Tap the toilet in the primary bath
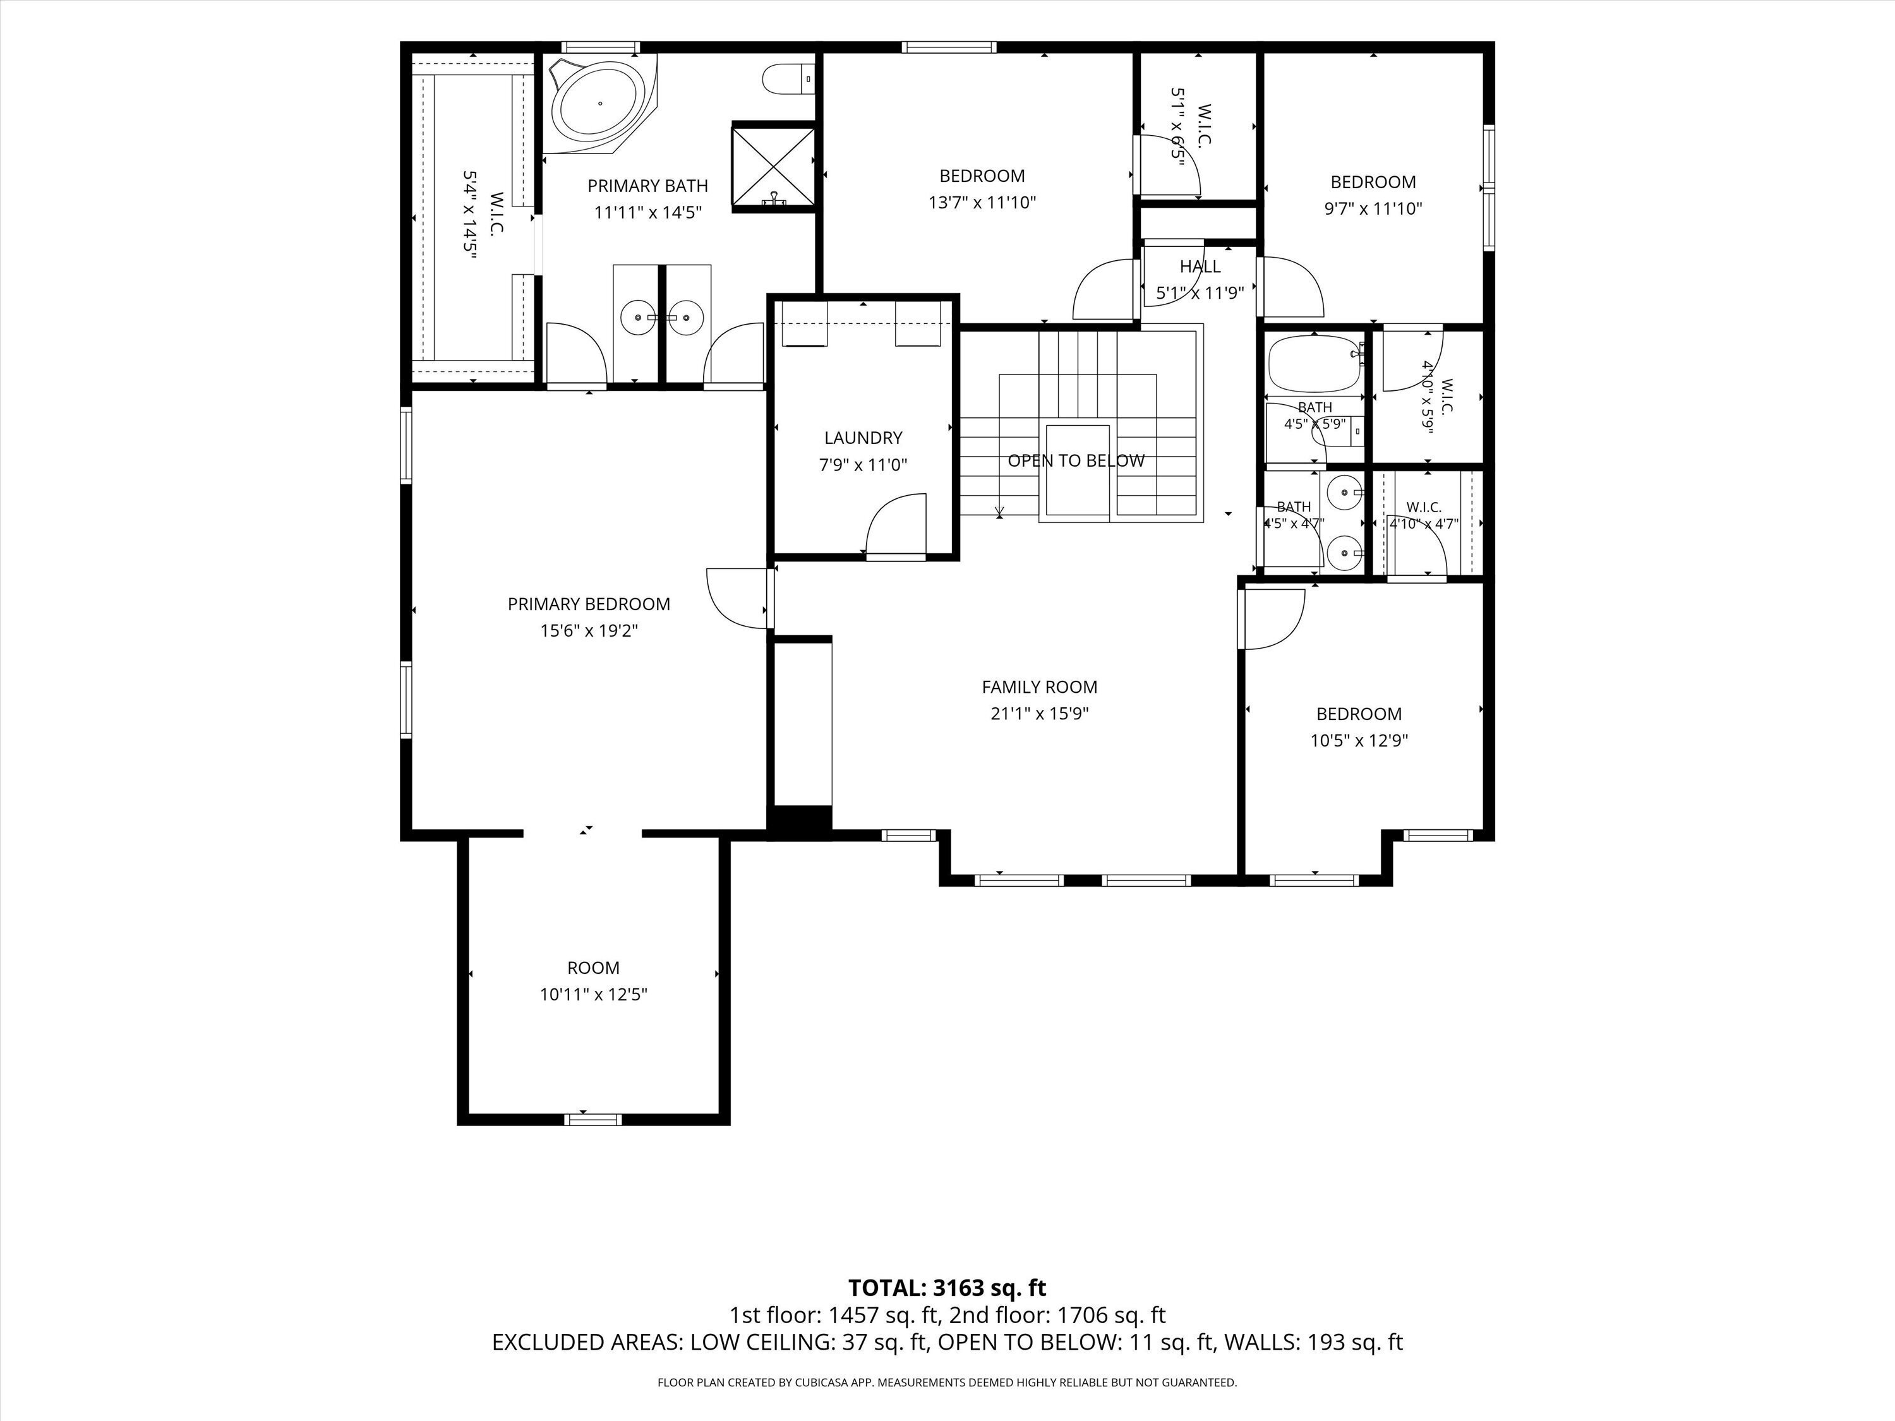788,80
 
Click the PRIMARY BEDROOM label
589,604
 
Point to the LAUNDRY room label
863,438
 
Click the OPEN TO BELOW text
1076,461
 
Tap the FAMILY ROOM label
1039,687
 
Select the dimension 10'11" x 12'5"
594,995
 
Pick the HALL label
1200,267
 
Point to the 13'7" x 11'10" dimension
983,203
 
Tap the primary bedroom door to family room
738,599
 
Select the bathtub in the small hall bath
1314,363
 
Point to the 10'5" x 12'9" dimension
1359,741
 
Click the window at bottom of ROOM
593,1118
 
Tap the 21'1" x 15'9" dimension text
1039,714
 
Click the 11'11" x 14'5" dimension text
649,212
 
